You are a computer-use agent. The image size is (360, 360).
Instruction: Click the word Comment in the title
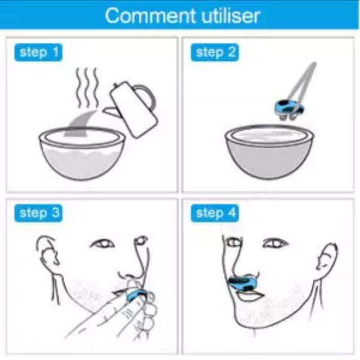pos(150,15)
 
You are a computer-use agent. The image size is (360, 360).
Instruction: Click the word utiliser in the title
pos(231,15)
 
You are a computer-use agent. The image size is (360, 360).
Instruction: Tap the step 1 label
pos(38,52)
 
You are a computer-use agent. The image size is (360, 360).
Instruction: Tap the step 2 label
pos(214,52)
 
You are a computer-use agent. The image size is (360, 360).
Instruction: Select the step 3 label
pos(38,213)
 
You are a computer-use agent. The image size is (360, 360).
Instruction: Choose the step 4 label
pos(214,213)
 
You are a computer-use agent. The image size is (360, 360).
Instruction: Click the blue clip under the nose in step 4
pos(243,283)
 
